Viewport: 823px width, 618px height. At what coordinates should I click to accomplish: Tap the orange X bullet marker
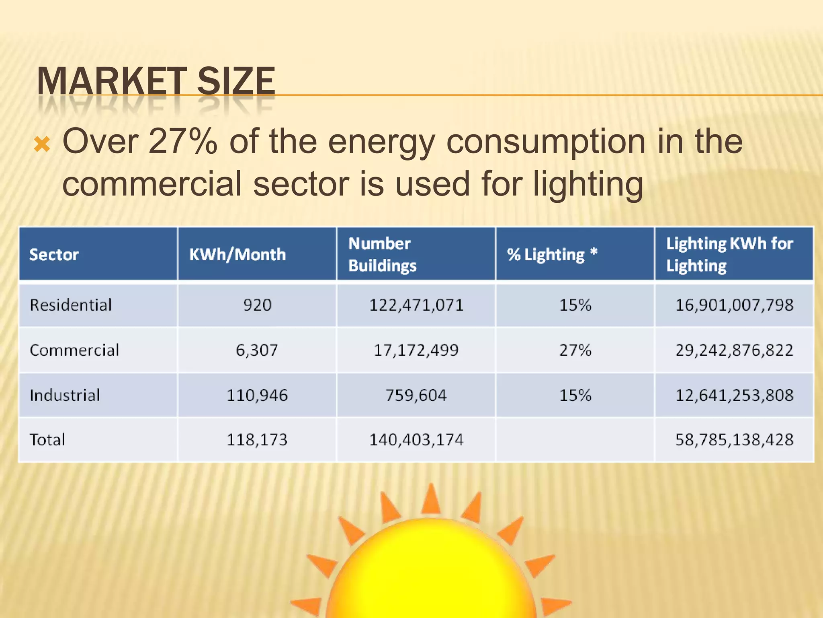click(42, 144)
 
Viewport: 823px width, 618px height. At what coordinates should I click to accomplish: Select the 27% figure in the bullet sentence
click(183, 142)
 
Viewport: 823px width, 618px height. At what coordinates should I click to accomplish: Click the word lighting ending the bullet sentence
click(588, 184)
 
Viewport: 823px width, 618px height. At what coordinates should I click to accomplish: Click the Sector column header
click(54, 255)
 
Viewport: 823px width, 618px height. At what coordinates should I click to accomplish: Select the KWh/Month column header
click(237, 255)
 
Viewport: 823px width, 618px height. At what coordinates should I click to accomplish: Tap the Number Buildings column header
click(382, 255)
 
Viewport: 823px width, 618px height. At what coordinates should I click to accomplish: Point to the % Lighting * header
click(552, 255)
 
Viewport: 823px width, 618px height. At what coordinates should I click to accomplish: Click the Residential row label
click(71, 305)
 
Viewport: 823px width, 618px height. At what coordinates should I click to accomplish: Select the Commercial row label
click(74, 350)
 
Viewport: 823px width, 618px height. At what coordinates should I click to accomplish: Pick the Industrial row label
click(65, 395)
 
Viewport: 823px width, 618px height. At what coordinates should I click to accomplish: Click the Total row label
click(47, 440)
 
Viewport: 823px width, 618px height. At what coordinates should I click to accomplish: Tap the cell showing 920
click(257, 305)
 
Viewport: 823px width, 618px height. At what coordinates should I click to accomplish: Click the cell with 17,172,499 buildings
click(416, 350)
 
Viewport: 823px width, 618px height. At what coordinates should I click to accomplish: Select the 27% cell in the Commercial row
click(575, 350)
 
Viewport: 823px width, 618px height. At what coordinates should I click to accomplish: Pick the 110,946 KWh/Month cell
click(257, 395)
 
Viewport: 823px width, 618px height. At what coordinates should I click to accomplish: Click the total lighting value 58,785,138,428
click(734, 440)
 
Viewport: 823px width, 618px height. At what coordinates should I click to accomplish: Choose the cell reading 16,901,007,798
click(734, 305)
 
